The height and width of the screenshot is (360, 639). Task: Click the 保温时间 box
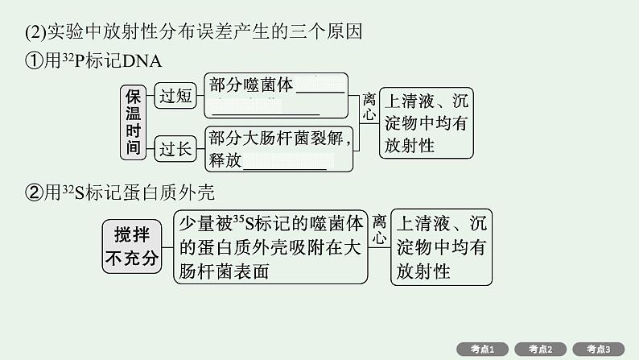click(133, 122)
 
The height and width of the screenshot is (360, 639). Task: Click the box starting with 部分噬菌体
click(276, 95)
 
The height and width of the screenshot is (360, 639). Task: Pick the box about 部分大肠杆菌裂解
click(278, 149)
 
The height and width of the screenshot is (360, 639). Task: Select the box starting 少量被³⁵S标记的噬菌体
click(271, 247)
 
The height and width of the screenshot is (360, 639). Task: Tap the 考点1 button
click(482, 349)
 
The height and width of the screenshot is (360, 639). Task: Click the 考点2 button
click(541, 349)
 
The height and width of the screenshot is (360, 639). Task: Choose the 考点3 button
click(600, 349)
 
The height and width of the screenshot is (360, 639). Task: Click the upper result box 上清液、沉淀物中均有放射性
click(426, 123)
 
